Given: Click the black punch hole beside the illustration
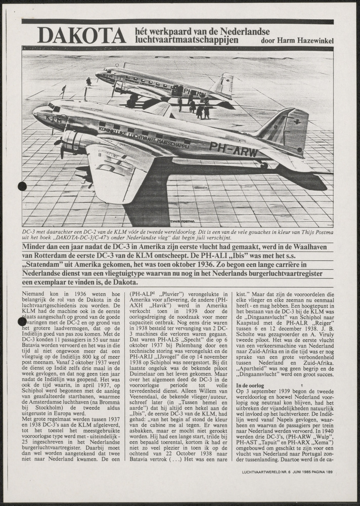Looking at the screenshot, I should pos(22,186).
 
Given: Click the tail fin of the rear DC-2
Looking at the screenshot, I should pos(226,83).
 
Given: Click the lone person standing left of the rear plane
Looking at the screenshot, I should pos(89,81).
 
